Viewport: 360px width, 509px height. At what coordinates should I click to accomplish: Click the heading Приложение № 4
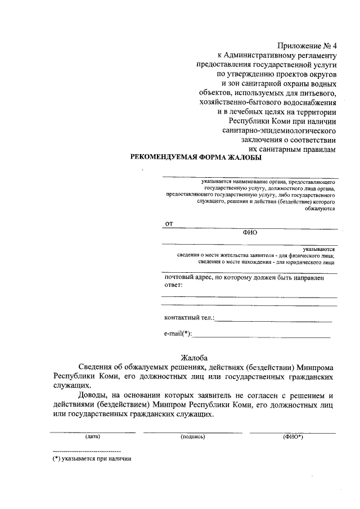click(308, 46)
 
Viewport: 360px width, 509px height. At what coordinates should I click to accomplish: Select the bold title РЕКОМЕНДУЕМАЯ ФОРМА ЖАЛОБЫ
click(196, 158)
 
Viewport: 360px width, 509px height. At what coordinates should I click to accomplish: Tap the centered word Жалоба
click(194, 357)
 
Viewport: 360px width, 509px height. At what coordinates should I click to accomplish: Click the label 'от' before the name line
click(168, 224)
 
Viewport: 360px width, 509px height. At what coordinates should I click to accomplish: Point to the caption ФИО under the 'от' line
click(250, 232)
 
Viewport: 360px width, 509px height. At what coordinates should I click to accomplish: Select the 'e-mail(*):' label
click(178, 334)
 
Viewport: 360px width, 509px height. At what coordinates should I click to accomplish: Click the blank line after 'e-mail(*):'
click(262, 336)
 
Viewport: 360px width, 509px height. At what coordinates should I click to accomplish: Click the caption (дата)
click(93, 436)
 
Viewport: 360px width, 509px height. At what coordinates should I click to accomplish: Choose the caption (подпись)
click(193, 436)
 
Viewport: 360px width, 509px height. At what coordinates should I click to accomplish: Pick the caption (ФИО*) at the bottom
click(293, 436)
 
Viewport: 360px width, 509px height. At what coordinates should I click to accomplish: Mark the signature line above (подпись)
click(192, 432)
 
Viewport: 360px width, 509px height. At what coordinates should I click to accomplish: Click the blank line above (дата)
click(93, 432)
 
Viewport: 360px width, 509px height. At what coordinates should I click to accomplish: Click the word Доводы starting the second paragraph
click(94, 395)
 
